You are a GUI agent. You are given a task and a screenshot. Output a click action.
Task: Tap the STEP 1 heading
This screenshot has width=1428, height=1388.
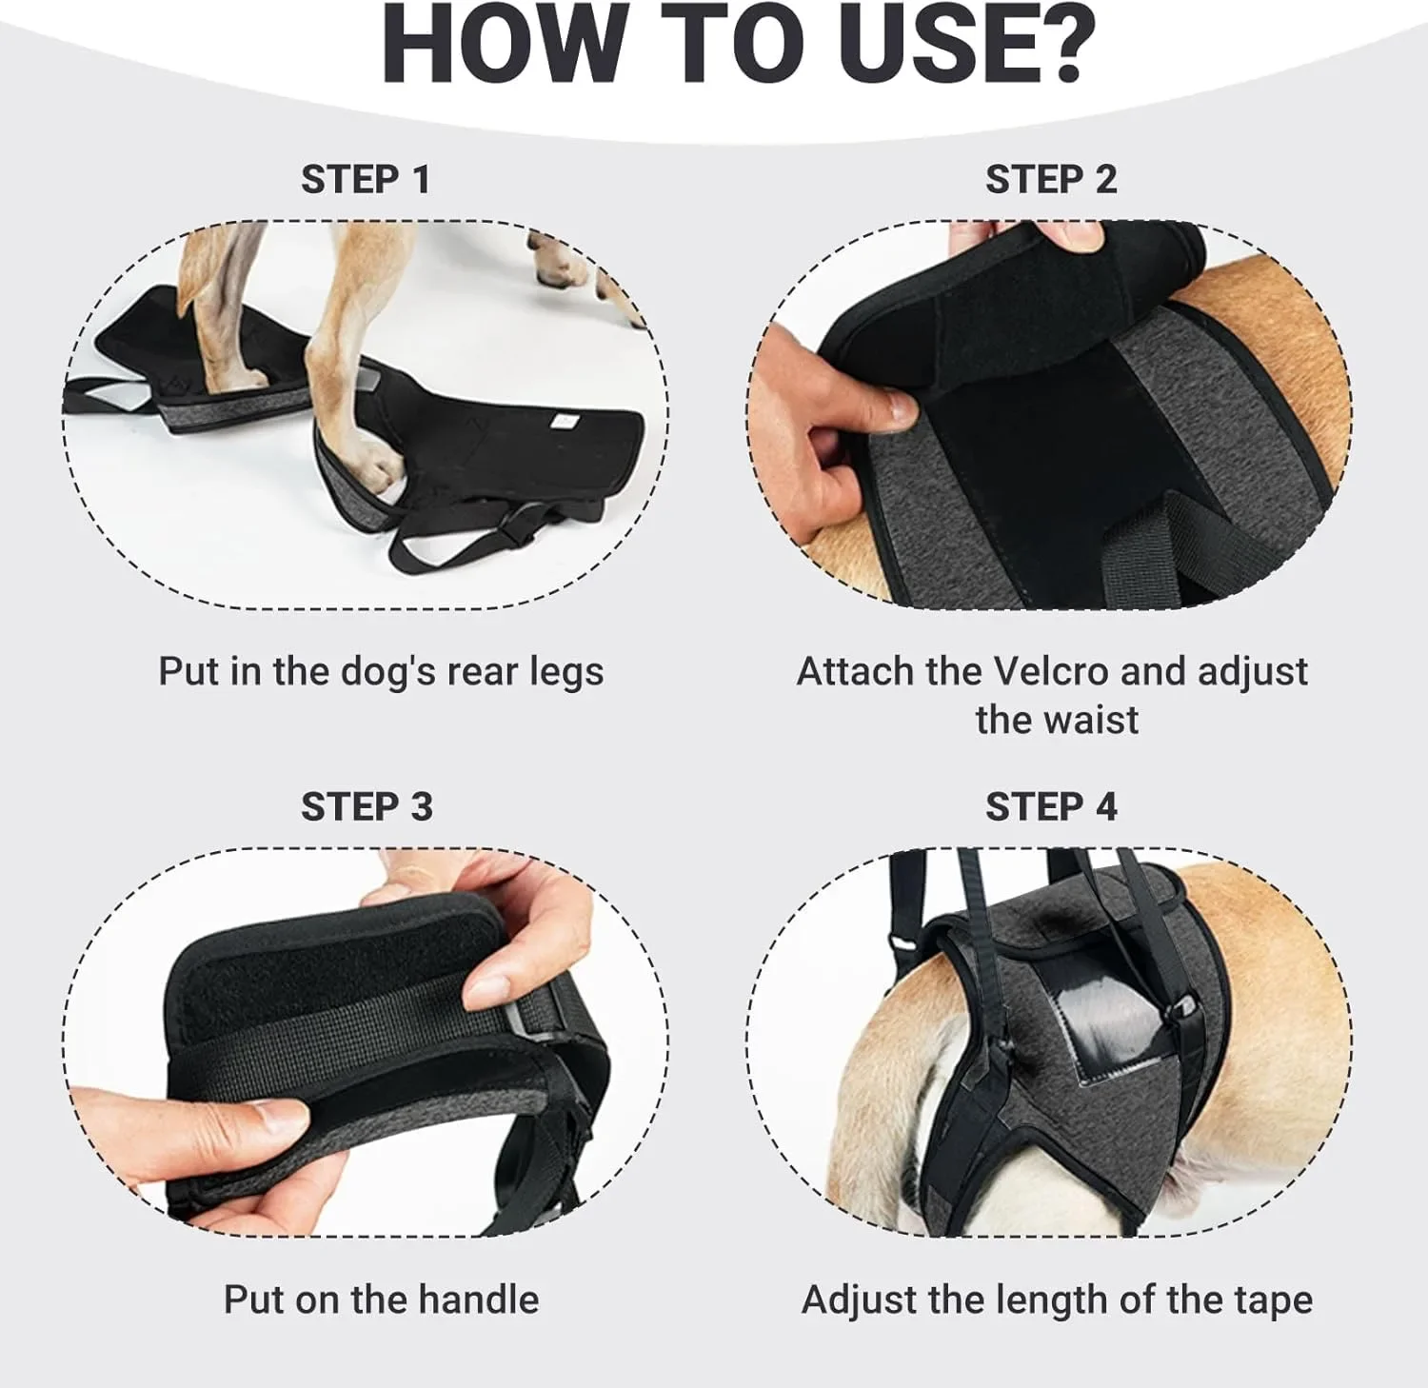[x=366, y=179]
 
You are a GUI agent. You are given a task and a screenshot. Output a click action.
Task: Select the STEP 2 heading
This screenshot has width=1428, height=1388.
[x=1051, y=179]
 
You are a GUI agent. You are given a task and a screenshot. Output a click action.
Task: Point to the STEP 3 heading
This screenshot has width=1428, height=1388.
[x=367, y=806]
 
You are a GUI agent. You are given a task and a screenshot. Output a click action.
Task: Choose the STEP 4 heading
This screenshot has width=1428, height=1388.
[x=1051, y=806]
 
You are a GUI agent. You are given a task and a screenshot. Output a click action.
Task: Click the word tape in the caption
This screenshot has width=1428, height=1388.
[x=1273, y=1301]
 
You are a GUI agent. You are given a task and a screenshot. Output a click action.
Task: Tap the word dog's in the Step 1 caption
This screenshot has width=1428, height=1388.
[x=385, y=673]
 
